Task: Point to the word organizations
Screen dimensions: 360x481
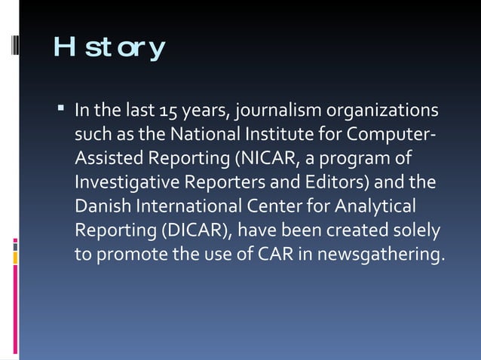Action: point(381,113)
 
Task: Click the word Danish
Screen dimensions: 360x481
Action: point(99,206)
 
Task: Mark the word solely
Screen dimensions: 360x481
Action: point(417,230)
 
